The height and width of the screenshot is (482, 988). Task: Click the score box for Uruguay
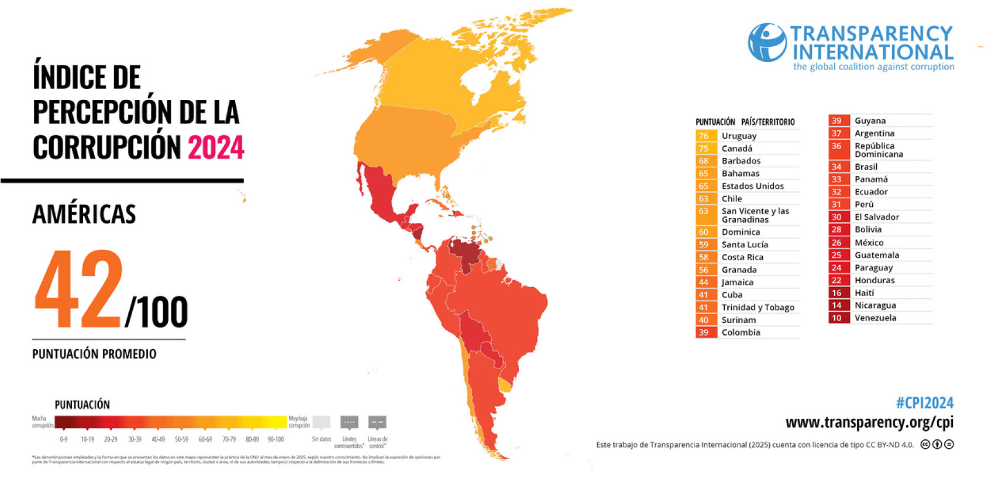pos(704,136)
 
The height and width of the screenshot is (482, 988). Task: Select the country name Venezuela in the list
pos(875,318)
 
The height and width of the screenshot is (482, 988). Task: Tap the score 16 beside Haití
pos(836,292)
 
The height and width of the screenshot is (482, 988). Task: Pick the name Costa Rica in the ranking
pos(742,257)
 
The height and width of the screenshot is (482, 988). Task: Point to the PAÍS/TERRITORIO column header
pos(767,122)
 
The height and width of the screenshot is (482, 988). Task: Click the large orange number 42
pos(79,290)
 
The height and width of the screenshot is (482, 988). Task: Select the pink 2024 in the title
pos(216,147)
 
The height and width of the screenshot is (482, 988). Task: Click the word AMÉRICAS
pos(84,214)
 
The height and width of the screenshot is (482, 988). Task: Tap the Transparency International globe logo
pos(767,42)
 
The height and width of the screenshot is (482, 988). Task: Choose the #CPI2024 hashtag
pos(924,402)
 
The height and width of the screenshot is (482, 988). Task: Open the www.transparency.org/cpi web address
pos(869,422)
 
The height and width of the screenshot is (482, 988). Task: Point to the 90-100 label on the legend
pos(276,439)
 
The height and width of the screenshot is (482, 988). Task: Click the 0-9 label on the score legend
pos(64,439)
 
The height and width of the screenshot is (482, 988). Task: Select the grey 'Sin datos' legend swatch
pos(321,422)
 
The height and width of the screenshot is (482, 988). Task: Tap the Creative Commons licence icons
pos(937,445)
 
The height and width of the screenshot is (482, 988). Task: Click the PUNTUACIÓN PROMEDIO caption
pos(94,354)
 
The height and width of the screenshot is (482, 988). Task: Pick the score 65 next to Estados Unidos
pos(704,186)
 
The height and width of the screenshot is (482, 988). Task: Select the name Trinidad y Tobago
pos(758,307)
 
